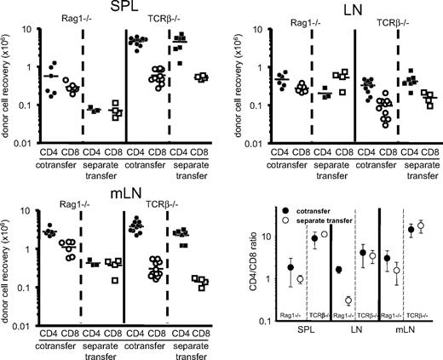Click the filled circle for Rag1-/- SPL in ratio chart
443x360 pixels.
[291, 267]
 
